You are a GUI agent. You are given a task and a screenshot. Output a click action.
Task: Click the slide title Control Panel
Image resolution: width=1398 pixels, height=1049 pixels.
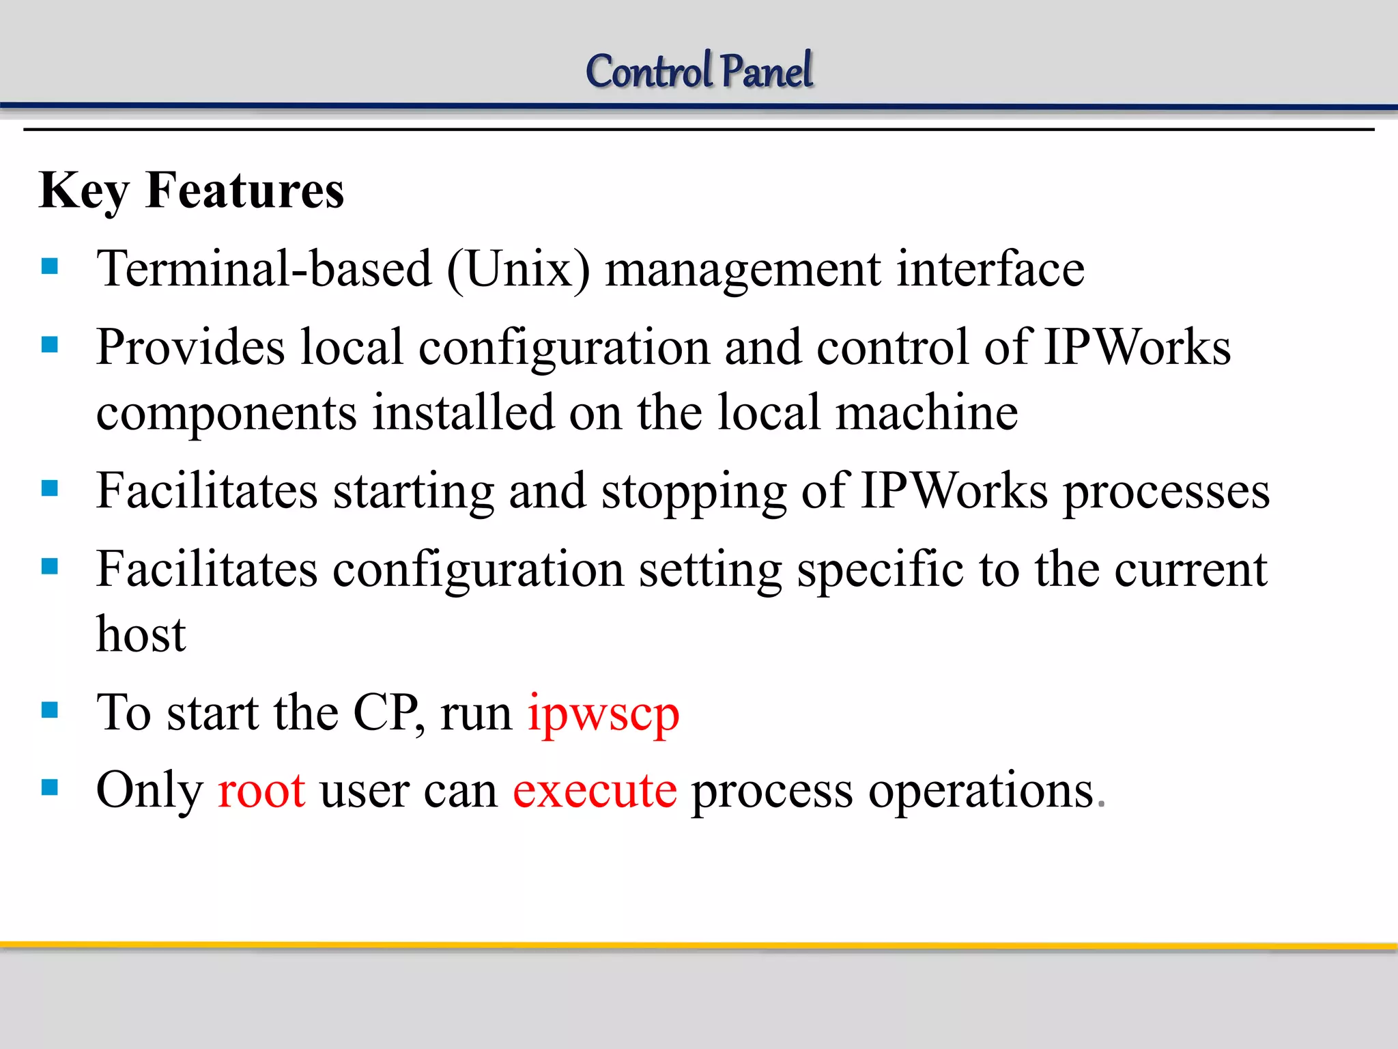pos(699,71)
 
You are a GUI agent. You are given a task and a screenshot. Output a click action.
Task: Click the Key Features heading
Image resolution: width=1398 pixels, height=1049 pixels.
pos(192,191)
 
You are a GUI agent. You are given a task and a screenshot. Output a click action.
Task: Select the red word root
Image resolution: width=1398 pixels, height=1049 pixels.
pos(261,791)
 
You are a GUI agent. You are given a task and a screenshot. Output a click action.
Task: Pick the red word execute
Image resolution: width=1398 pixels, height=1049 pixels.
pos(595,791)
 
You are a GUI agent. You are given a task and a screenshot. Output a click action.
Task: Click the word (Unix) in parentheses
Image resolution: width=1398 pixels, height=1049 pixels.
pos(519,269)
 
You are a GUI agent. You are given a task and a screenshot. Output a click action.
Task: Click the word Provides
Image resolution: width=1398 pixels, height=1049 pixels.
pos(190,348)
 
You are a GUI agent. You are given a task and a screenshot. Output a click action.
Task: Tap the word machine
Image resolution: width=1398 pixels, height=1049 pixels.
pos(926,413)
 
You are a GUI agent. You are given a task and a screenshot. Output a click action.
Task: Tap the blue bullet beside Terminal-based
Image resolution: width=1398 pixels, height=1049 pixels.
pos(50,266)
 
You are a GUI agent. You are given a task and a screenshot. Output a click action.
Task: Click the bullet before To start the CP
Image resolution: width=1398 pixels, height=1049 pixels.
pos(50,710)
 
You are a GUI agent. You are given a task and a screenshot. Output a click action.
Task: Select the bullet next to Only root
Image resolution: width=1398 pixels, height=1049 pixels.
pos(50,788)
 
